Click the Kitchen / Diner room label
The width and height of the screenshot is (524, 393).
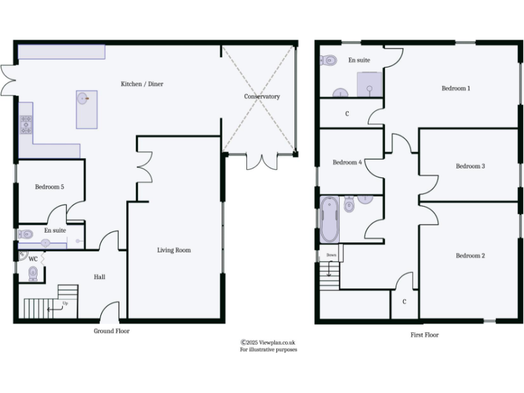142,84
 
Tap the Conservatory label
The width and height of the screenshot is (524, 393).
262,97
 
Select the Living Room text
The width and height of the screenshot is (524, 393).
174,250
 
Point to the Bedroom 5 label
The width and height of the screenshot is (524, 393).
49,187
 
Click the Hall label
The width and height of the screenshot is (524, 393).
99,277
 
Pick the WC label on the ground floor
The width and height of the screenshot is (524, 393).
33,259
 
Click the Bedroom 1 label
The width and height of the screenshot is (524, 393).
456,89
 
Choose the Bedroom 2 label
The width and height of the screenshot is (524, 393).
470,256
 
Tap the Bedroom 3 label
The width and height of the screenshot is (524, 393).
470,166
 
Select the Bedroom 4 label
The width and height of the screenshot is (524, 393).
347,162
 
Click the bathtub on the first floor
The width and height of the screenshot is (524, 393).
329,219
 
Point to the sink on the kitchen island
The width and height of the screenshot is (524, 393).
83,98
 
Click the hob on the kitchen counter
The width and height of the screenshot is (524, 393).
26,123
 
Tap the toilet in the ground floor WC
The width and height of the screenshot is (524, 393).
33,274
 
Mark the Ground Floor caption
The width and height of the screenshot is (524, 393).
111,331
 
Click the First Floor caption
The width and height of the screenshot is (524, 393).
424,335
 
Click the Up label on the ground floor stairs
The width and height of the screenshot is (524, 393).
65,302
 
